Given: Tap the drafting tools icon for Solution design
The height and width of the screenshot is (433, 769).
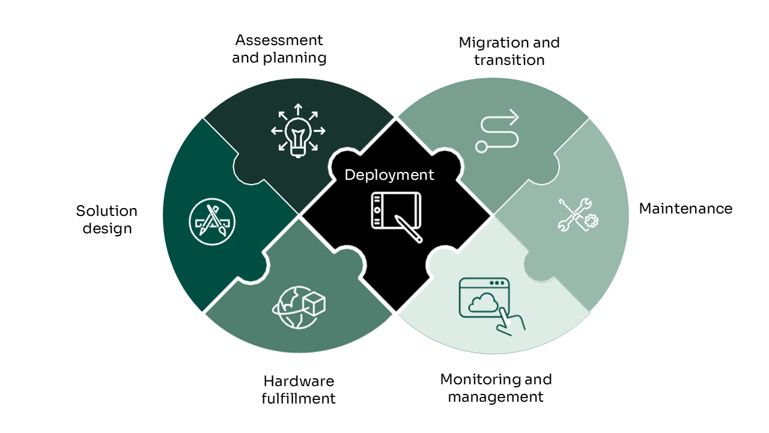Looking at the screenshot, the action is (211, 221).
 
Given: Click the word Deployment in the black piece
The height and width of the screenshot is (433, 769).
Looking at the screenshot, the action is (389, 175).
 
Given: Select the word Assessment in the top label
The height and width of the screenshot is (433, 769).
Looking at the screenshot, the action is (279, 40).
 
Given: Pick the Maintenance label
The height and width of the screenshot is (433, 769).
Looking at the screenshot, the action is (685, 209).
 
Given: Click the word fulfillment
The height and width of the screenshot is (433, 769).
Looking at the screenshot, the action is (299, 399).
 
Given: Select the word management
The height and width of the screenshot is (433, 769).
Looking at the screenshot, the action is (496, 397).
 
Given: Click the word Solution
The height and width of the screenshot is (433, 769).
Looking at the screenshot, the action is (106, 211).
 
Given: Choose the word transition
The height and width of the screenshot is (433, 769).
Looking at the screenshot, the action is (509, 60).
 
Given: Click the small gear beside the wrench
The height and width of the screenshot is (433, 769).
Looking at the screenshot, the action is (591, 221).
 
